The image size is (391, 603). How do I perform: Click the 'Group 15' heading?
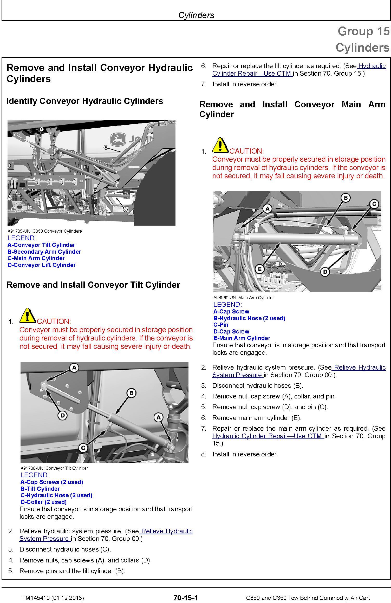coord(363,31)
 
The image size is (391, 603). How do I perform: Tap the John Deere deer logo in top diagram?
coord(118,140)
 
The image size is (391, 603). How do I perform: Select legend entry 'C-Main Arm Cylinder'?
coord(36,258)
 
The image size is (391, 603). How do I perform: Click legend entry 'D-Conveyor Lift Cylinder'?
coord(42,265)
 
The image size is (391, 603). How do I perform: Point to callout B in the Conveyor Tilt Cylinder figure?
coord(131,393)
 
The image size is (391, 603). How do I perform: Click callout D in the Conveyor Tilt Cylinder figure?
coord(62,416)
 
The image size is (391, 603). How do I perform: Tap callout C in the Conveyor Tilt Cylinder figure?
coord(83,448)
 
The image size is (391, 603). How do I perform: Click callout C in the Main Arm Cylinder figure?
coord(374,204)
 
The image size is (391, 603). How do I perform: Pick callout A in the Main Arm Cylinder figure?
coord(267,208)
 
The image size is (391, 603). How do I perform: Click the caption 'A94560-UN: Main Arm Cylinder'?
coord(244,298)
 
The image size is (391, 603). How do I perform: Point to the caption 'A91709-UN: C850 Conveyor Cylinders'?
coord(45,231)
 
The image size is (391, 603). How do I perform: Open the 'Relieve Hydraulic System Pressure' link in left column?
coord(106,535)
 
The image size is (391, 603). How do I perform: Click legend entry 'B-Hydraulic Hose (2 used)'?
coord(249,318)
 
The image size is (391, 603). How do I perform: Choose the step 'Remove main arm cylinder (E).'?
coord(257,418)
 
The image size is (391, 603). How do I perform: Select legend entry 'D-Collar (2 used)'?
coord(44,502)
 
